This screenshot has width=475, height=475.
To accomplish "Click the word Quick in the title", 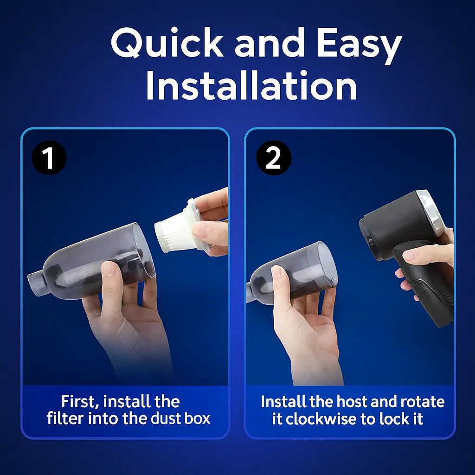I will pos(167,45).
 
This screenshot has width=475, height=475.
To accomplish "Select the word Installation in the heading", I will pos(251,86).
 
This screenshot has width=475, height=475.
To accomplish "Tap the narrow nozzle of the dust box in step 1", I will pos(37,280).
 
